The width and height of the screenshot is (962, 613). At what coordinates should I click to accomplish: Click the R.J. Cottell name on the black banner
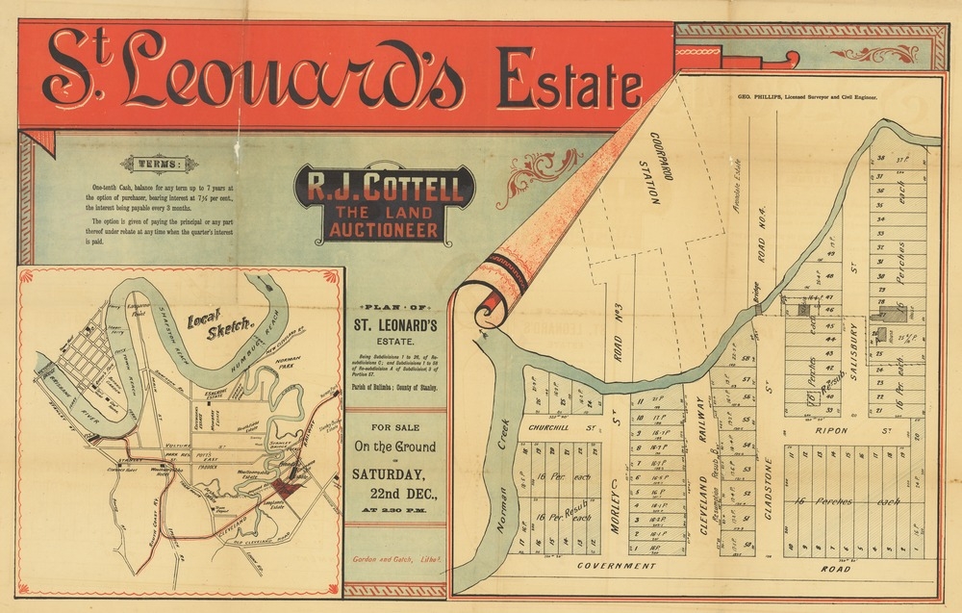[x=384, y=186]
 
